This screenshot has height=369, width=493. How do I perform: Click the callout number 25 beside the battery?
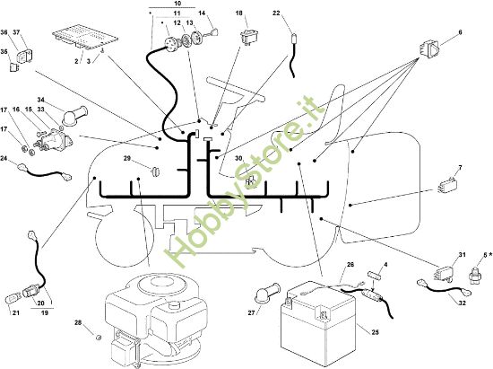pyautogui.click(x=375, y=332)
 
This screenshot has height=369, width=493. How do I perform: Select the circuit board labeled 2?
pyautogui.click(x=85, y=37)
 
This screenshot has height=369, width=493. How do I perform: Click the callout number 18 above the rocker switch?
pyautogui.click(x=239, y=13)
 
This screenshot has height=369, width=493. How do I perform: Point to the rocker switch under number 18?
pyautogui.click(x=249, y=37)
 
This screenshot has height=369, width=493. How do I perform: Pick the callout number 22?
pyautogui.click(x=276, y=13)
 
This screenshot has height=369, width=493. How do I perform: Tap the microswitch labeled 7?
pyautogui.click(x=447, y=185)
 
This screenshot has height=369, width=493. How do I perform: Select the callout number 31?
pyautogui.click(x=462, y=255)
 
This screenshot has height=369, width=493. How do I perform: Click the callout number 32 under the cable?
pyautogui.click(x=462, y=303)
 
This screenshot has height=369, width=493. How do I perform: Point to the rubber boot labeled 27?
pyautogui.click(x=268, y=294)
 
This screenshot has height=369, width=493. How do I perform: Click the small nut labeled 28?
pyautogui.click(x=99, y=338)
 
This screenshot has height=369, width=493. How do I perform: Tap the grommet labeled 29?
pyautogui.click(x=156, y=171)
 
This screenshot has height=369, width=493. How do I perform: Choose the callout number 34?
pyautogui.click(x=41, y=100)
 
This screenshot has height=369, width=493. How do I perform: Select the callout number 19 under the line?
pyautogui.click(x=45, y=313)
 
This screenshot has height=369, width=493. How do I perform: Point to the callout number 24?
pyautogui.click(x=4, y=158)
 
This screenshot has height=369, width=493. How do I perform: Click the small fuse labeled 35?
pyautogui.click(x=14, y=67)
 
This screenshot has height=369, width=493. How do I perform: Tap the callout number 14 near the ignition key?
pyautogui.click(x=202, y=13)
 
